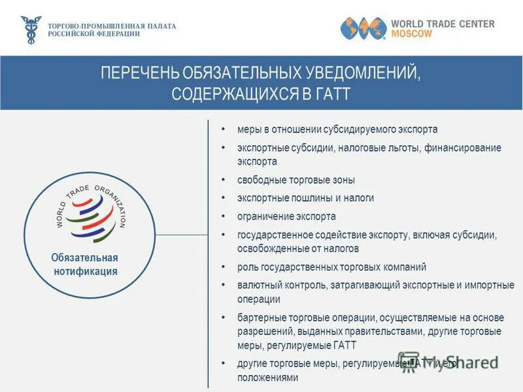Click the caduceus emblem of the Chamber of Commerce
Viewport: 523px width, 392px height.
(x=30, y=30)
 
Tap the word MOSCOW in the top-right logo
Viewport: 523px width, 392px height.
(x=411, y=34)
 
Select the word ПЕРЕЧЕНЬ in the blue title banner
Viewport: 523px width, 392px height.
(x=140, y=73)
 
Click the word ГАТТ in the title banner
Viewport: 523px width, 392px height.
(x=332, y=93)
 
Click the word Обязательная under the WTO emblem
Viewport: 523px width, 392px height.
(x=84, y=257)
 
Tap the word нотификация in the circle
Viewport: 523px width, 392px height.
(x=84, y=271)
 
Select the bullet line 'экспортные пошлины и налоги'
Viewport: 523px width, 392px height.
(x=305, y=198)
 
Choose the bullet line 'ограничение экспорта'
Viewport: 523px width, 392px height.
(x=286, y=216)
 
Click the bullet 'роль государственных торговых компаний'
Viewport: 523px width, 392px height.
(x=331, y=267)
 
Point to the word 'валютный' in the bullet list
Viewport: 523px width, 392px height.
(x=257, y=285)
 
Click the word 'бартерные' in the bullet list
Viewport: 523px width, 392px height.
(x=260, y=318)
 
